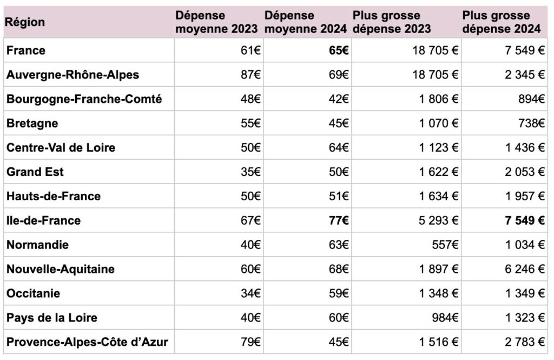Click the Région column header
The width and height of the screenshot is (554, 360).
25,22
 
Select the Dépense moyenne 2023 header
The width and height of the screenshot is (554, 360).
216,22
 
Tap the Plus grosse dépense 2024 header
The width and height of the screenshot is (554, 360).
502,22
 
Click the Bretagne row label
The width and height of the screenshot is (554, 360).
32,123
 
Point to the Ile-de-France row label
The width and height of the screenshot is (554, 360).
43,221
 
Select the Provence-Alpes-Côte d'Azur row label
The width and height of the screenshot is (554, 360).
87,342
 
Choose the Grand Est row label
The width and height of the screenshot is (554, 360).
35,172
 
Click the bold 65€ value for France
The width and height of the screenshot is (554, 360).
339,50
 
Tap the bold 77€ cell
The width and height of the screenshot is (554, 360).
339,221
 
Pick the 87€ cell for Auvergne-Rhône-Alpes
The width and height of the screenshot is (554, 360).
251,75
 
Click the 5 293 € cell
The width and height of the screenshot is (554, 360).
438,221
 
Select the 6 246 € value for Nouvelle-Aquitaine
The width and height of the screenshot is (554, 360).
525,269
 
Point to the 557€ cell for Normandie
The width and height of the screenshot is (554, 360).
445,245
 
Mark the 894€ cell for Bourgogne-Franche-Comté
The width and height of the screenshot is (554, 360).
531,99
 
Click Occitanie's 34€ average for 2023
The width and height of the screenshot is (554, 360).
251,293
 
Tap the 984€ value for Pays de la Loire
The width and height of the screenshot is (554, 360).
445,318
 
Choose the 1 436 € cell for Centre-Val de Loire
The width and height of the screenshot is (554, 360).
525,147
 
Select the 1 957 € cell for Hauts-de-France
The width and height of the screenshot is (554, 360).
525,197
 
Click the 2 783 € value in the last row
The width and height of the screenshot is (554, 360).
525,342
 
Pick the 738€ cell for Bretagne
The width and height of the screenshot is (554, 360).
531,123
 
